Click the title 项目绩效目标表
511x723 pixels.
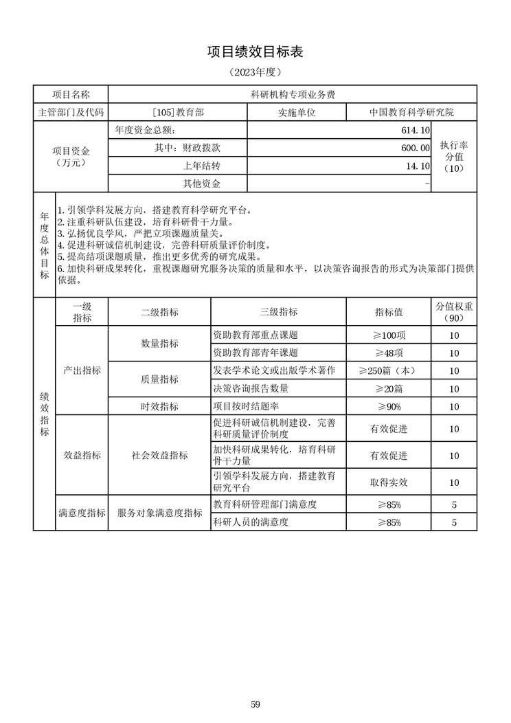pyautogui.click(x=255, y=52)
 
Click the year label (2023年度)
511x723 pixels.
pyautogui.click(x=255, y=71)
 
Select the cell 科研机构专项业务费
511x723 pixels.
pyautogui.click(x=292, y=94)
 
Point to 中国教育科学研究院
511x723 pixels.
pyautogui.click(x=411, y=111)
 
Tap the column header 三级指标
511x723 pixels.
pyautogui.click(x=278, y=311)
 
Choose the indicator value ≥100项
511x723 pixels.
pyautogui.click(x=389, y=335)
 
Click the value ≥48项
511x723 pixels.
pyautogui.click(x=389, y=353)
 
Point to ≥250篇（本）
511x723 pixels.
pyautogui.click(x=389, y=370)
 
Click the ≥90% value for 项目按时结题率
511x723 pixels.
pyautogui.click(x=389, y=406)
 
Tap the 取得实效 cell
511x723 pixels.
pyautogui.click(x=389, y=482)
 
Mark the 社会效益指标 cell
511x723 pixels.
pyautogui.click(x=159, y=455)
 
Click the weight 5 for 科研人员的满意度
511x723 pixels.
pyautogui.click(x=454, y=522)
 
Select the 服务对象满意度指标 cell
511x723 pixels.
pyautogui.click(x=159, y=513)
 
